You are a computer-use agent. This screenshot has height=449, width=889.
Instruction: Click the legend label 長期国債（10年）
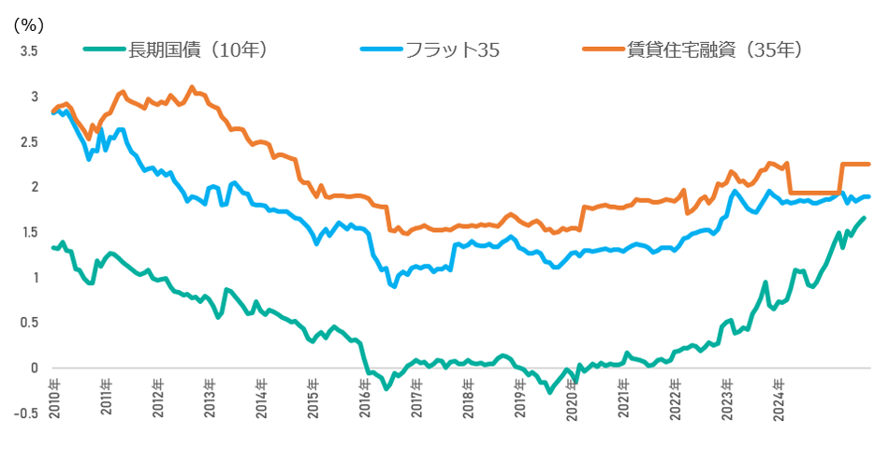coord(197,51)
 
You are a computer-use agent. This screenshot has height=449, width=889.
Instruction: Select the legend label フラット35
coord(446,51)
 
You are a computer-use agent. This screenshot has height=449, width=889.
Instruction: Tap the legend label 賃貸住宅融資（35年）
coord(715,51)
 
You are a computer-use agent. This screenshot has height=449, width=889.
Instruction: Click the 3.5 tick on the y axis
coord(29,51)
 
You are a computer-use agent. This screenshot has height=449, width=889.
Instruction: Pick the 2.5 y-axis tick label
coord(29,142)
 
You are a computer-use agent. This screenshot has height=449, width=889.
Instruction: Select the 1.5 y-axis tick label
coord(29,232)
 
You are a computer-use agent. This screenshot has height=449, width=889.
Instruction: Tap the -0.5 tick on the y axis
coord(27,413)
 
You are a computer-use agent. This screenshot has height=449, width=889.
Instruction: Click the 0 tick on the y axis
coord(35,368)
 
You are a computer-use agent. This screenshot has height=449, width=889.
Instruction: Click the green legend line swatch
coord(104,51)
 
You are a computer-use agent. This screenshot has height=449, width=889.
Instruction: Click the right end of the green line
coord(864,218)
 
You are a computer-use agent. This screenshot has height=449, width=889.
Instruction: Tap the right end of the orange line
coord(869,165)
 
